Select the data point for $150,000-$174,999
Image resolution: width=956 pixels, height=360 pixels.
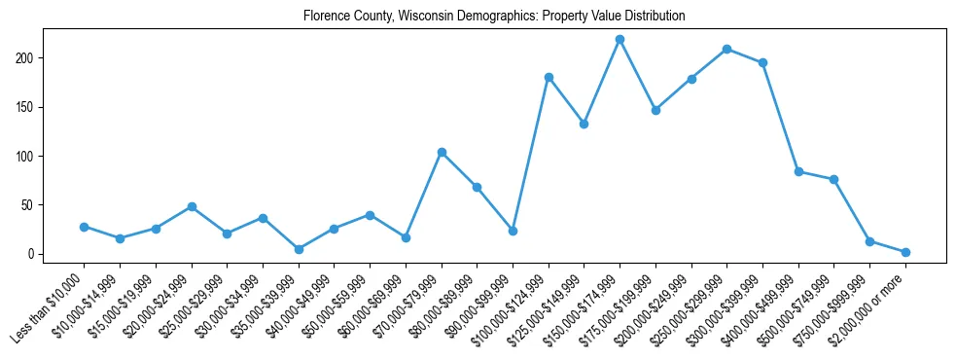[620, 39]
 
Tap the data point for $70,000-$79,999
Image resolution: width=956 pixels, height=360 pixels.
[442, 152]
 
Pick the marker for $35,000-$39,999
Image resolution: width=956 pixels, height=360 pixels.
[299, 249]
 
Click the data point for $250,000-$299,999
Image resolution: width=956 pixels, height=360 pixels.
[726, 49]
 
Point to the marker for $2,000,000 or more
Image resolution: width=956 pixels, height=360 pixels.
[905, 252]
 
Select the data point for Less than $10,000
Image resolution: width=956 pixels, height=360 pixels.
[85, 227]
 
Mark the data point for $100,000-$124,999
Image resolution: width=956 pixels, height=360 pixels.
[549, 77]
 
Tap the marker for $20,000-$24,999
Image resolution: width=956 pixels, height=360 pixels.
[192, 206]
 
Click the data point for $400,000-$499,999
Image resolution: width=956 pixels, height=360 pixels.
[798, 171]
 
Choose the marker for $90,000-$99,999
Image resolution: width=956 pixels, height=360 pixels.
[513, 231]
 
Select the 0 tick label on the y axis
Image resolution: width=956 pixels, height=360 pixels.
[33, 254]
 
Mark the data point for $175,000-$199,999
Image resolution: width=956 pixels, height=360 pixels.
[655, 110]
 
